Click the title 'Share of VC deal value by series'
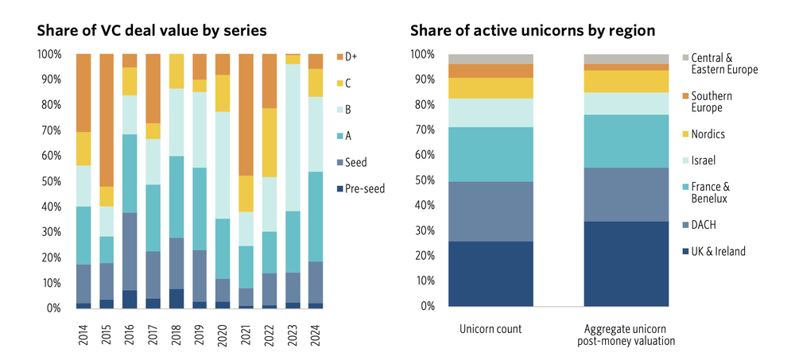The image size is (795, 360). [x=151, y=31]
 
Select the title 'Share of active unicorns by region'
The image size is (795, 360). [x=532, y=31]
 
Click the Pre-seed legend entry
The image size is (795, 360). [x=366, y=189]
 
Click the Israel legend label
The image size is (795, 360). [x=704, y=159]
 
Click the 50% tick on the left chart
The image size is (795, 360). [x=49, y=181]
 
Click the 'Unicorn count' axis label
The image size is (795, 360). [x=491, y=329]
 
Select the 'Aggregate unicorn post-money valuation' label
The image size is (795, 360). [x=626, y=335]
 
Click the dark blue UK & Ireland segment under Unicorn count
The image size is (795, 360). [x=491, y=273]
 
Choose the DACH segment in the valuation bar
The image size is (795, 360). [x=626, y=194]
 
